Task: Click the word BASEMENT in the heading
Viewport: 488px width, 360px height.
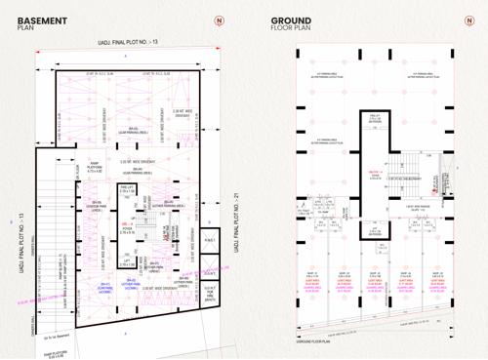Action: tap(41, 20)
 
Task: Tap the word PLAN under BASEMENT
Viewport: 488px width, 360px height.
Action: tap(26, 28)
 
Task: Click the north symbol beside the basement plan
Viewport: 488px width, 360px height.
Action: tap(219, 20)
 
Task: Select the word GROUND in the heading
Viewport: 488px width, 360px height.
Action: tap(291, 20)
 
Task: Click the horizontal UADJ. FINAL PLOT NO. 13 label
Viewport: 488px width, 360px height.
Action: tap(127, 42)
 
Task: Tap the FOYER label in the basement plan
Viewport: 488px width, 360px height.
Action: tap(127, 230)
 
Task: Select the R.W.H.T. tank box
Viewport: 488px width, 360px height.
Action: tap(208, 238)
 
